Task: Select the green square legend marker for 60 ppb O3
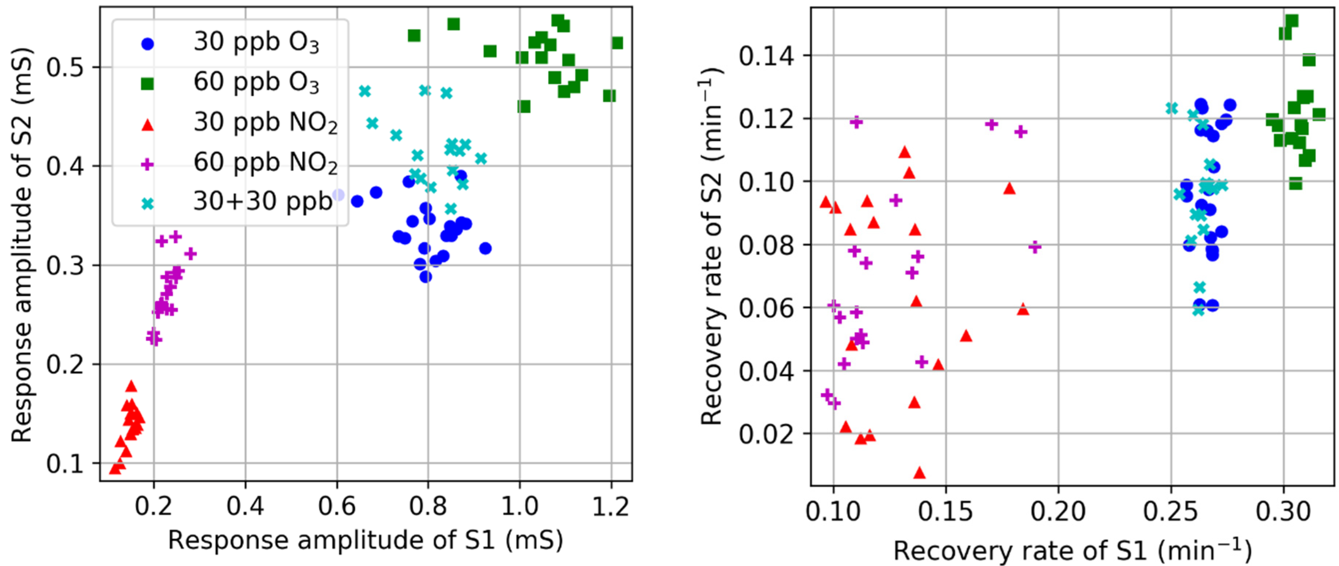[x=148, y=84]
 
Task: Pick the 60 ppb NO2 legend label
[x=265, y=163]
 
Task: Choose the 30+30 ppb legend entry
[x=262, y=202]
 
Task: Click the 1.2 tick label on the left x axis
[x=611, y=506]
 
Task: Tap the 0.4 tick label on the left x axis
[x=245, y=506]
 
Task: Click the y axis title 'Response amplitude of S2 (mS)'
[x=22, y=245]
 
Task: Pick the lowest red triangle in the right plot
[x=919, y=473]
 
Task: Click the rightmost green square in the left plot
[x=617, y=43]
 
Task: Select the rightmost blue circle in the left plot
[x=485, y=249]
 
